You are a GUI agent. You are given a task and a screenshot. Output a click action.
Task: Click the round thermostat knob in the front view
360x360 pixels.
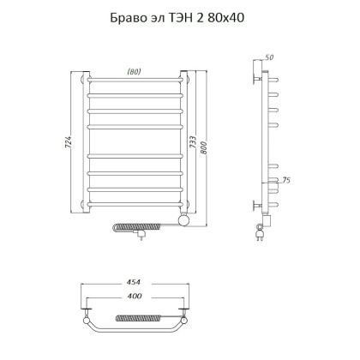[182, 221]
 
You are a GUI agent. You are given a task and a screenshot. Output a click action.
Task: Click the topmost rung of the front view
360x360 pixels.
[135, 83]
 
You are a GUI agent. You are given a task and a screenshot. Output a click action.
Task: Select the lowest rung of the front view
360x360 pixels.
[135, 204]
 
